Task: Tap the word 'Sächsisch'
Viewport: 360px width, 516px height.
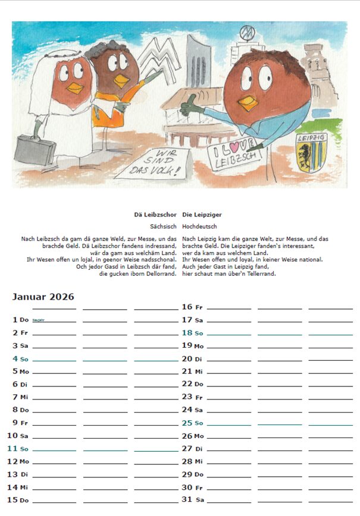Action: click(164, 226)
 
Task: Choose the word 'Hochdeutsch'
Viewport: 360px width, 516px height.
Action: click(200, 226)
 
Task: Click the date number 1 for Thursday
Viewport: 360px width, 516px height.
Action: click(15, 320)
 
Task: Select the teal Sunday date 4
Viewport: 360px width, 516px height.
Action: click(15, 359)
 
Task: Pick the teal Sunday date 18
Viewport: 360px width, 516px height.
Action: click(187, 333)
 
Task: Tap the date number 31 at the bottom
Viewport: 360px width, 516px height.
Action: click(187, 499)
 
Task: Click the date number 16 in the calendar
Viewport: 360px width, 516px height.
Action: click(187, 307)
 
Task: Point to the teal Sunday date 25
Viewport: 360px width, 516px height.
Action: click(187, 423)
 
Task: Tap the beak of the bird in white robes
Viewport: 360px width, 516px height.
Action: click(74, 89)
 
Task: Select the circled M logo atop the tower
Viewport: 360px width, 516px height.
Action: click(246, 32)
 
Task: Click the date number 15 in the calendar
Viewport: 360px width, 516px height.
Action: click(12, 499)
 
